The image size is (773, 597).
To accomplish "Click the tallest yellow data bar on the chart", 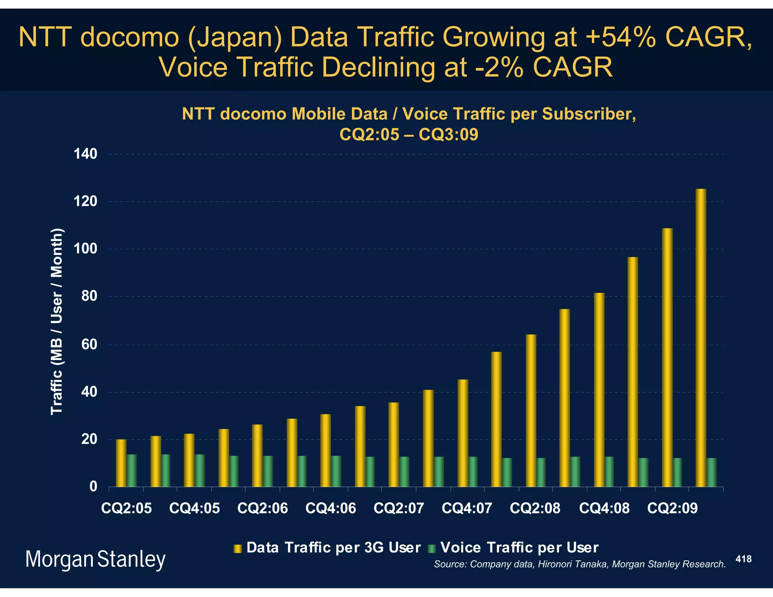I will point(701,338).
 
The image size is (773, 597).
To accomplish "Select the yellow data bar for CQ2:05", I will point(121,463).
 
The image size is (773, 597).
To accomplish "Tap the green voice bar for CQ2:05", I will point(132,471).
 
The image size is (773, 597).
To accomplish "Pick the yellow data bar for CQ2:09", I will point(667,358).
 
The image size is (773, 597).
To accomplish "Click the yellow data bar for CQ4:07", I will point(463,433).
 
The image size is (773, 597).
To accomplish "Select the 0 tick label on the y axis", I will point(93,487).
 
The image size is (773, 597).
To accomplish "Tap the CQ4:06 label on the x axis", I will point(331,508).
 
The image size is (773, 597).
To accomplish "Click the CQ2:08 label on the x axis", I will point(535,508).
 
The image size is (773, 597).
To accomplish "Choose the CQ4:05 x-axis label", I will point(194,508).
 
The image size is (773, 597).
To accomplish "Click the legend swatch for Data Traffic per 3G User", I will point(237,548).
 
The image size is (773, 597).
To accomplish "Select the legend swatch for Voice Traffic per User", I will point(432,548).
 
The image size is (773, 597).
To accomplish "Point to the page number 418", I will point(744,559).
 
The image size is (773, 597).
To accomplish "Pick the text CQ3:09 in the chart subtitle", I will point(448,134).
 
